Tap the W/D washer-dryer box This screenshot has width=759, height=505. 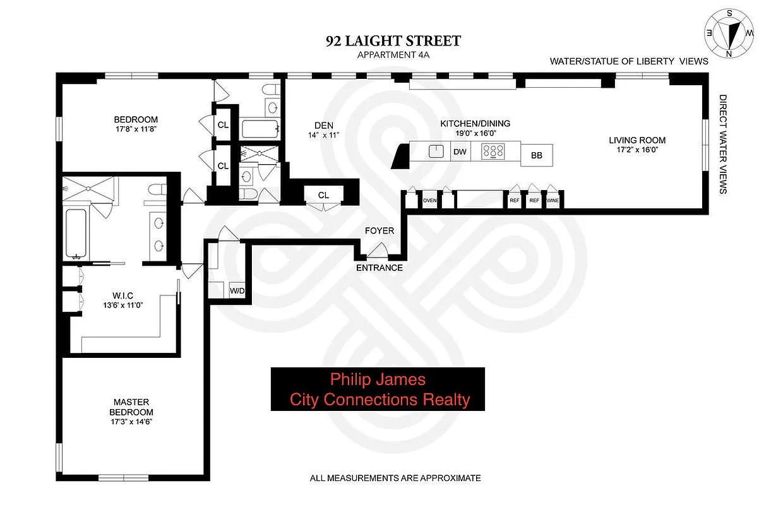[237, 290]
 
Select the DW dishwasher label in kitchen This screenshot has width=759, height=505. [459, 152]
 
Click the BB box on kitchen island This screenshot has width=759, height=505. [537, 155]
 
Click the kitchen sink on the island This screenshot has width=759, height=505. [435, 151]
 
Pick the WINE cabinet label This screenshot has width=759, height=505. [553, 201]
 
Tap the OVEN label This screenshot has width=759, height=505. [430, 201]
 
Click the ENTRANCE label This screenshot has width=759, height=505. [379, 268]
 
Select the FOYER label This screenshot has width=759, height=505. [379, 230]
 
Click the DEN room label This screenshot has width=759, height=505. [323, 125]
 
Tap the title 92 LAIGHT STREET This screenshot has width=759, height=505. [393, 42]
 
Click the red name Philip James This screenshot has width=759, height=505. [378, 379]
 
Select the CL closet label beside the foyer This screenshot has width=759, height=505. [323, 195]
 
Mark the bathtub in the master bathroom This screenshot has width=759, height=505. [76, 234]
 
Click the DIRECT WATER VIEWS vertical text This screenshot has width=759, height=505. [723, 144]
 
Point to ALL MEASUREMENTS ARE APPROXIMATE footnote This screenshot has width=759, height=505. [395, 478]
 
